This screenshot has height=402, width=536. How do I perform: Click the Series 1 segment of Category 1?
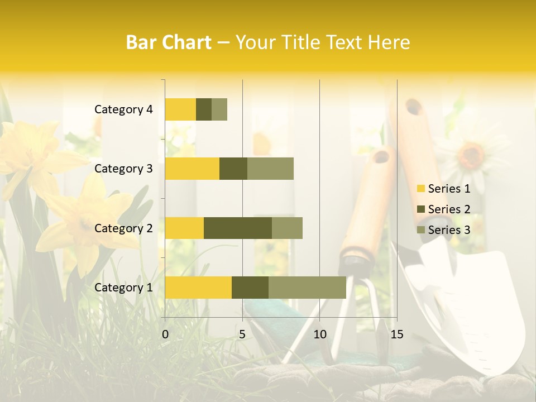pos(198,288)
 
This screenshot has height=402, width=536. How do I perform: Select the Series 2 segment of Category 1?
pos(250,288)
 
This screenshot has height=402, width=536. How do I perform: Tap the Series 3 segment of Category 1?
pos(307,288)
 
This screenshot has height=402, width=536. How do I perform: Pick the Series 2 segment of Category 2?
pos(238,228)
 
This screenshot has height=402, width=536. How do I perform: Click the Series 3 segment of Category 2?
pos(287,228)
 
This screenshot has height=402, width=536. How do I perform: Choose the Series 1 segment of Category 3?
pos(192,169)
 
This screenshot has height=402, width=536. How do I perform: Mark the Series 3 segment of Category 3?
pos(270,169)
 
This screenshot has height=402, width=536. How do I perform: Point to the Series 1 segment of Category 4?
pos(180,109)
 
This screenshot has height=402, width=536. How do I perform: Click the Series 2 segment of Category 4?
pos(204,109)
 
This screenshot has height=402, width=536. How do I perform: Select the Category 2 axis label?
pos(123,228)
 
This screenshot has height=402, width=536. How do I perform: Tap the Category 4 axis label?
pos(123,109)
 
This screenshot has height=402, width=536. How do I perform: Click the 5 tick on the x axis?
pos(242,334)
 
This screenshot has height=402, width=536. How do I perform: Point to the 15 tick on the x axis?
pos(396,334)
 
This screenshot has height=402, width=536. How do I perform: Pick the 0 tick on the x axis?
pos(165,334)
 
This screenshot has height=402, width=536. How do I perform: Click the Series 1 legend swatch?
pos(420,189)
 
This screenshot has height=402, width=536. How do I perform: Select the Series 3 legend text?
pos(449,230)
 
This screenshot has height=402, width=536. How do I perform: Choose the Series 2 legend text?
pos(449,209)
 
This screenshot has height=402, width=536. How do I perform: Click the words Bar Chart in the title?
pos(169,42)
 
